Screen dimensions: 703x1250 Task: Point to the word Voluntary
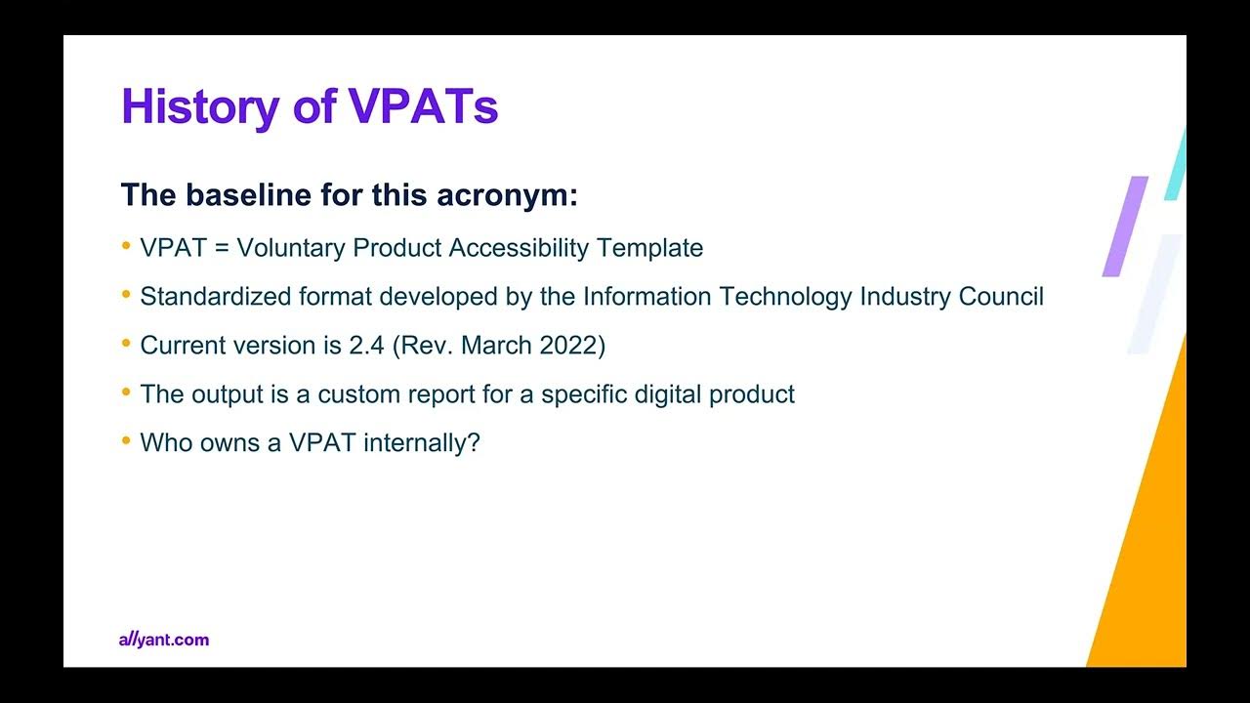[x=291, y=248]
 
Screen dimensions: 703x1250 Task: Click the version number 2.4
[x=367, y=346]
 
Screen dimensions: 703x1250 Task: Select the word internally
[x=421, y=443]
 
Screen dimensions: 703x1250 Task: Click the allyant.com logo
[x=164, y=640]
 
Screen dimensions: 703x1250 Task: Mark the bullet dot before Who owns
[x=126, y=441]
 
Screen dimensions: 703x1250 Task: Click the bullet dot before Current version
[x=126, y=344]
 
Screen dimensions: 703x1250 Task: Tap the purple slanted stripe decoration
[x=1125, y=227]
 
